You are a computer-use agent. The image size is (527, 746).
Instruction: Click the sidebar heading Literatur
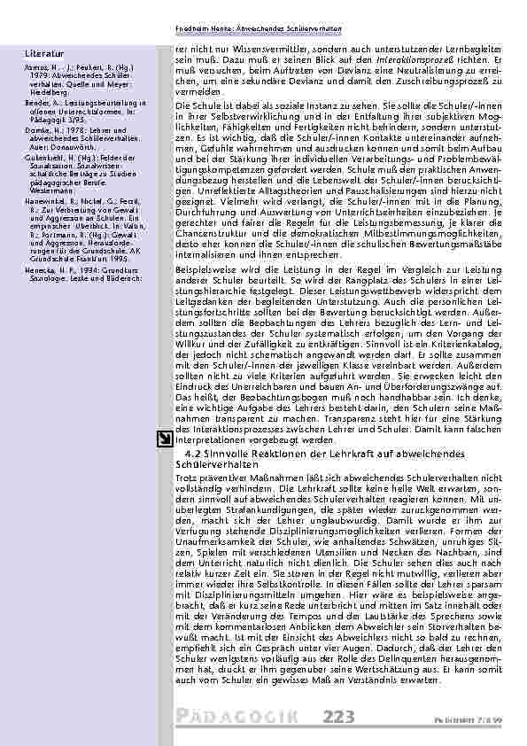[x=43, y=55]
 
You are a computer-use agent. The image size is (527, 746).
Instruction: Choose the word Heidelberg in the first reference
[x=50, y=89]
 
